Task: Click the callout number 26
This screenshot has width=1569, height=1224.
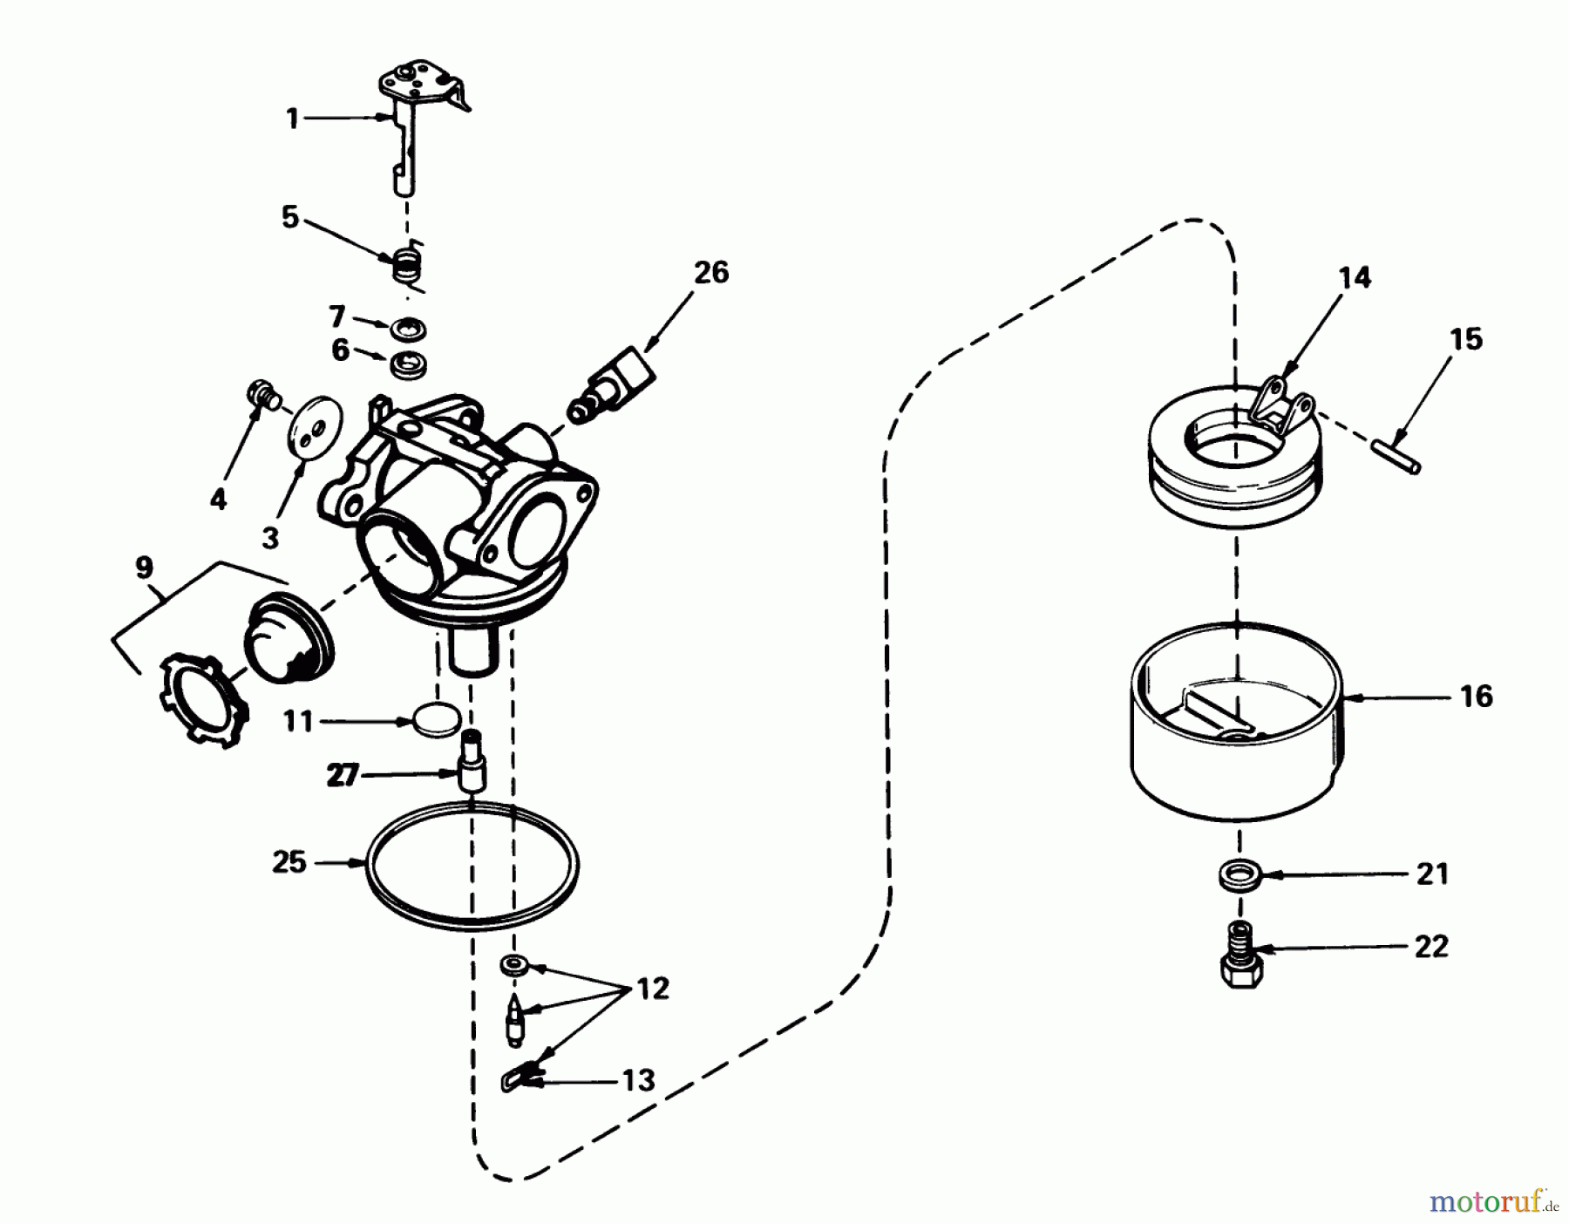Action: coord(710,273)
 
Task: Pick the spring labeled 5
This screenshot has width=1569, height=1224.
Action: coord(404,263)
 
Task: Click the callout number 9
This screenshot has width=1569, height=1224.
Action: coord(145,569)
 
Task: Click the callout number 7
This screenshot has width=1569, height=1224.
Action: coord(338,316)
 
